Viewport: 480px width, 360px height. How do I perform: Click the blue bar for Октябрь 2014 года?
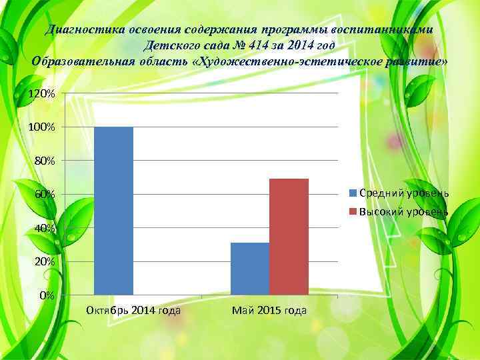coord(114,211)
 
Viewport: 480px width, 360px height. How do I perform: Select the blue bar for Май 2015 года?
coord(249,269)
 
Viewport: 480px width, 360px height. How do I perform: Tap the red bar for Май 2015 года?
coord(289,237)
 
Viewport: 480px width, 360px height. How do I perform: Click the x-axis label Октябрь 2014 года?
coord(133,311)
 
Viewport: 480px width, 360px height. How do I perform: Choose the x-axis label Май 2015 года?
coord(269,311)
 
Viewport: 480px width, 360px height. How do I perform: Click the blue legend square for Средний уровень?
coord(354,193)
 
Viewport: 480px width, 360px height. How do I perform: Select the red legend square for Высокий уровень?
coord(354,212)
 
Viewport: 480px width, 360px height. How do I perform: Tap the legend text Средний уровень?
coord(404,193)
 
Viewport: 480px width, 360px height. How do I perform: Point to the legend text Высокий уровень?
coord(404,212)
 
